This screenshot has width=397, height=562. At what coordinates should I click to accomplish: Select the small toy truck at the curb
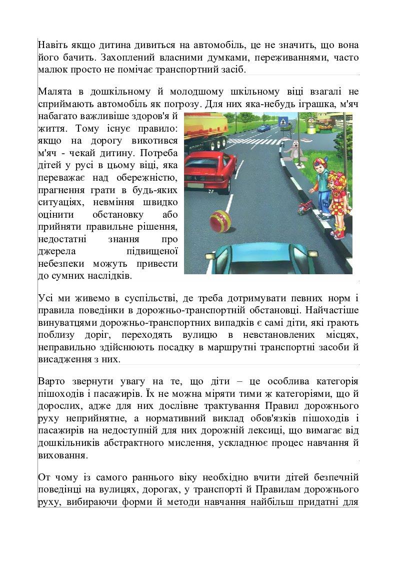pos(303,207)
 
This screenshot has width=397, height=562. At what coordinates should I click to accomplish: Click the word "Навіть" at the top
pos(53,46)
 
